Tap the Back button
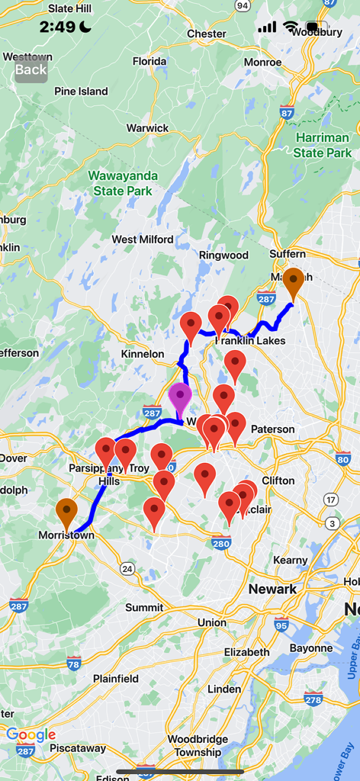coord(31,69)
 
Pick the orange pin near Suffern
coord(293,284)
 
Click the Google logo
coord(31,734)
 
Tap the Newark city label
coord(272,589)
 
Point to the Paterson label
coord(272,429)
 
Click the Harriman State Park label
coord(323,146)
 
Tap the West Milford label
coord(143,239)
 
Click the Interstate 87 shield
coord(287,113)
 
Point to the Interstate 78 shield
coord(74,661)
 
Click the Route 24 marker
coord(127,569)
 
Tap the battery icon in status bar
coord(318,27)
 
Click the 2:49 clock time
coord(58,27)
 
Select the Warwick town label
coord(147,128)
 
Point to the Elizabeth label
coord(246,652)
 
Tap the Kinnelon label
coord(143,354)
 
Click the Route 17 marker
coord(330,500)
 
